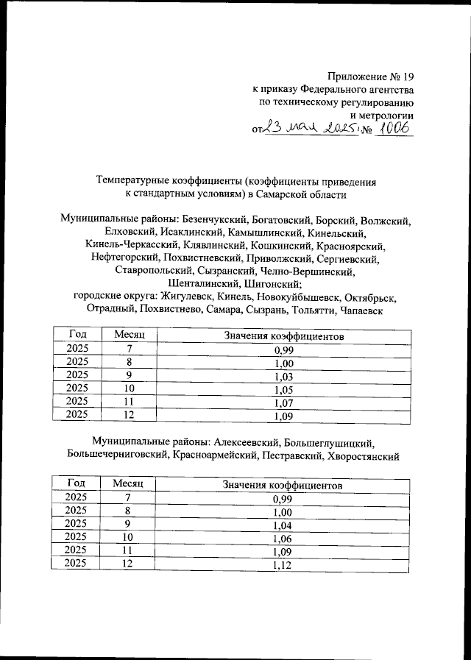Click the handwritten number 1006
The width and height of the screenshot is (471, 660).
pyautogui.click(x=392, y=129)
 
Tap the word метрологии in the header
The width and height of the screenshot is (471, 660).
pyautogui.click(x=381, y=116)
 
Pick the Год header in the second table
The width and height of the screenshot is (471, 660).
pyautogui.click(x=76, y=485)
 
